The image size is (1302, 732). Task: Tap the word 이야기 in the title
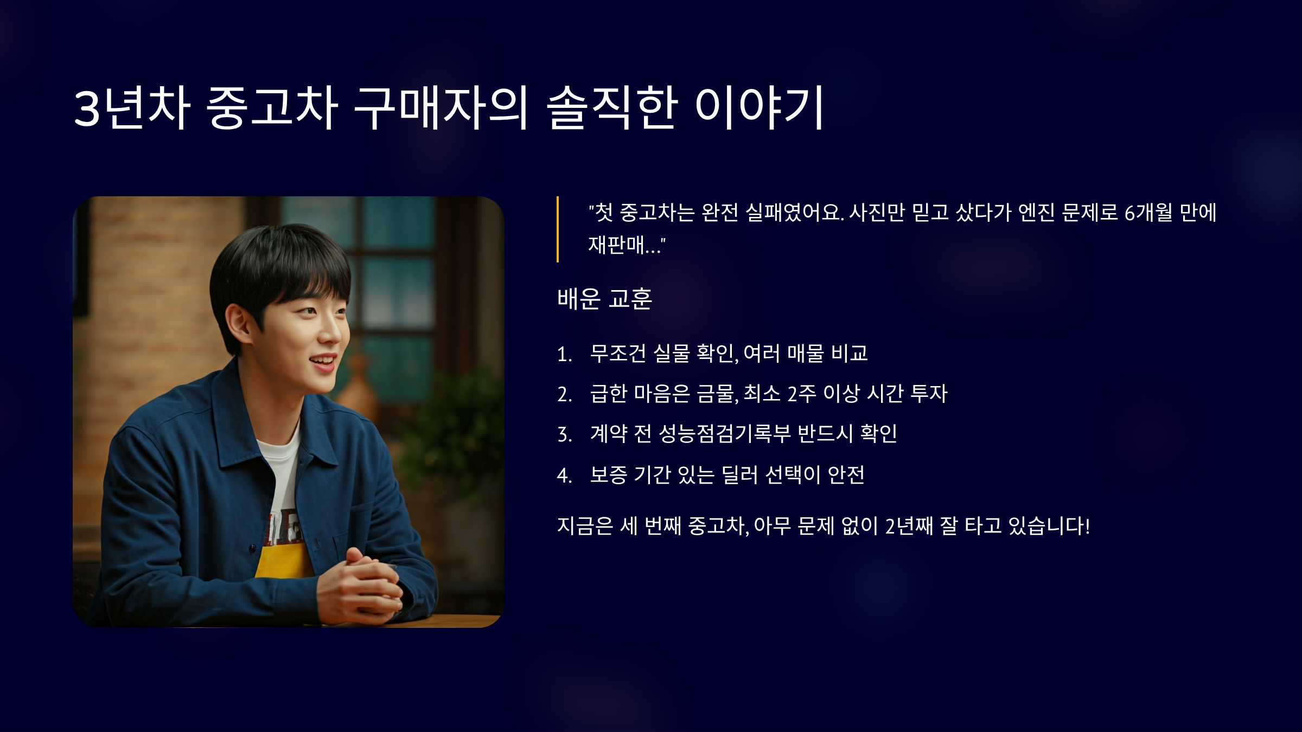759,107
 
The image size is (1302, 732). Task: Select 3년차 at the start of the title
132,107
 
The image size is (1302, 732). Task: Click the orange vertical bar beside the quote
558,229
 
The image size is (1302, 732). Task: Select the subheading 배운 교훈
604,298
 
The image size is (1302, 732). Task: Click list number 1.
565,355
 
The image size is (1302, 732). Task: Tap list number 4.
565,476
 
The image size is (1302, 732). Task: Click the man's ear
237,325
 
